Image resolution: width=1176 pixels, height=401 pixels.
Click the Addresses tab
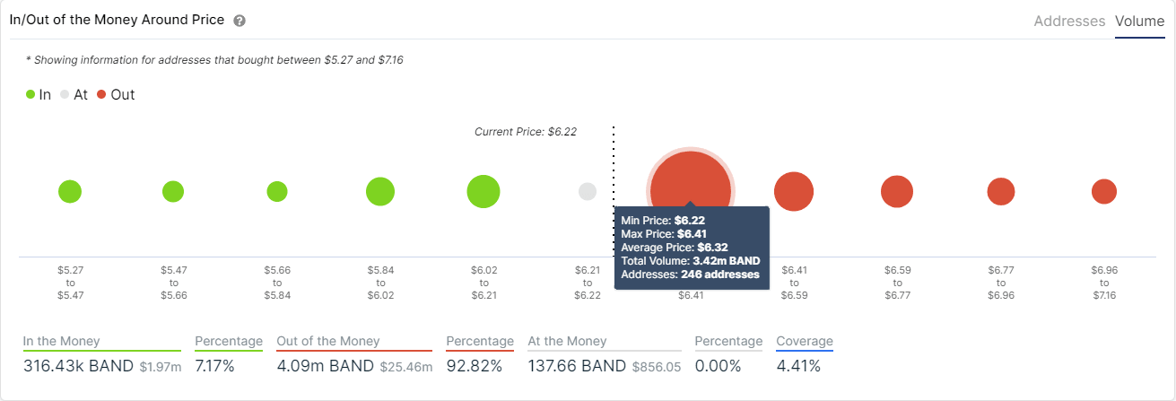[x=1069, y=21]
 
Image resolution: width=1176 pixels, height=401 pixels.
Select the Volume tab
[x=1139, y=21]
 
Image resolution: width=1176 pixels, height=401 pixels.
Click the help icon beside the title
[x=240, y=21]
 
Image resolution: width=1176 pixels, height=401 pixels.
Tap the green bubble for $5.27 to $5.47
[x=70, y=191]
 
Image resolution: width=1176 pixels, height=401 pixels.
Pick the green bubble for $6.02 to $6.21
[x=483, y=191]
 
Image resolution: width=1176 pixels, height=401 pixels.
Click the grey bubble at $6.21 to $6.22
[x=588, y=191]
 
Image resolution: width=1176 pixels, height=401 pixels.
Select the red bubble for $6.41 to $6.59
[x=794, y=191]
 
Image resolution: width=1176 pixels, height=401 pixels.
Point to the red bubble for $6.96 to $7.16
[x=1104, y=191]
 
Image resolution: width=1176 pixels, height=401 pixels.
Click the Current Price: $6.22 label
[x=526, y=131]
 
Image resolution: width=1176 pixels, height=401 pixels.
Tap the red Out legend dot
[x=101, y=94]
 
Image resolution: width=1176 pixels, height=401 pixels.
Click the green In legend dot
[x=30, y=94]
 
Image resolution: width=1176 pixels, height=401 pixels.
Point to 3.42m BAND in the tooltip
[x=727, y=261]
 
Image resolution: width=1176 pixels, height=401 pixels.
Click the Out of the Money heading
[x=328, y=341]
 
